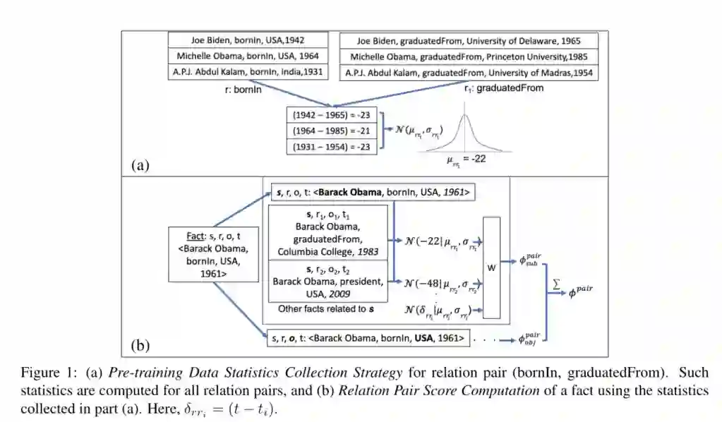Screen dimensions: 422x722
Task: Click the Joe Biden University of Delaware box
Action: tap(469, 41)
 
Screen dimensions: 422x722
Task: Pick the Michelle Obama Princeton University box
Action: tap(469, 56)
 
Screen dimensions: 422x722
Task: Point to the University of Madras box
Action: tap(469, 73)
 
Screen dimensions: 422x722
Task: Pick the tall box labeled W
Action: tap(491, 267)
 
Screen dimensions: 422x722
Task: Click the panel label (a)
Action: tap(140, 165)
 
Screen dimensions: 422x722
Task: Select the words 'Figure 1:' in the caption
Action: tap(44, 372)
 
